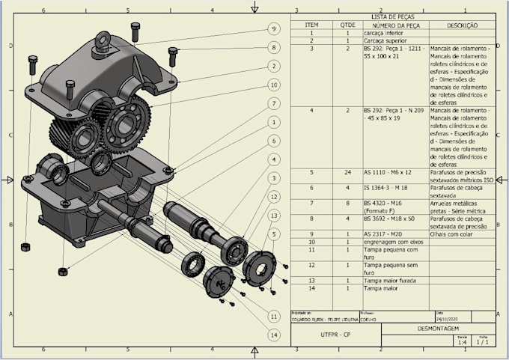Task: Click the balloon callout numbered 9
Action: (274, 28)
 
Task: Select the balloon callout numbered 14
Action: (275, 335)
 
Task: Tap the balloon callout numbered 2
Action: (275, 67)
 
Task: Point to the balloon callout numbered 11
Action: (275, 317)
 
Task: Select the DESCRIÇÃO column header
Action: (462, 25)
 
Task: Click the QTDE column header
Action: (348, 25)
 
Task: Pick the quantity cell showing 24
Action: (348, 172)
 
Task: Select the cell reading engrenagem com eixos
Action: (394, 242)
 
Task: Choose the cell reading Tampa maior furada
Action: (390, 280)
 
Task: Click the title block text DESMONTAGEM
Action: (438, 328)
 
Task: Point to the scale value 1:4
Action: (463, 343)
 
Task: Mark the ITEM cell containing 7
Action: (311, 202)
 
